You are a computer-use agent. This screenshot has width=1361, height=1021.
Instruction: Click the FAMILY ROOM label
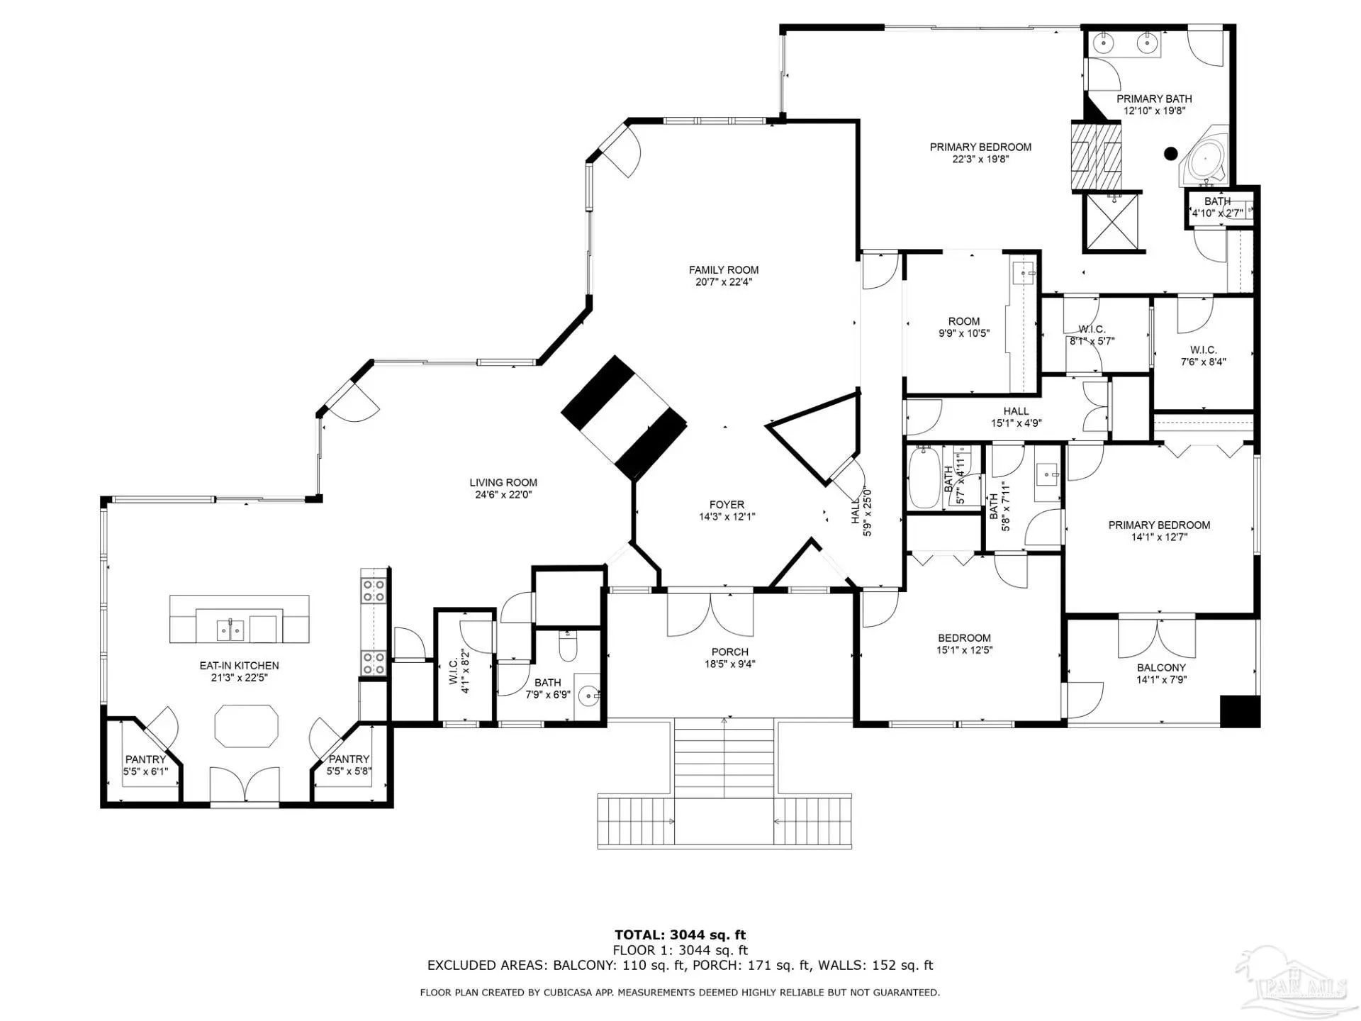click(724, 270)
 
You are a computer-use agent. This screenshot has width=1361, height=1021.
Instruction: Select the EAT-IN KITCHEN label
click(239, 666)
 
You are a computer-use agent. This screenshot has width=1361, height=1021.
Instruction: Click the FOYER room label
click(727, 505)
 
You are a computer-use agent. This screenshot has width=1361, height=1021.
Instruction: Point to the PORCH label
click(730, 652)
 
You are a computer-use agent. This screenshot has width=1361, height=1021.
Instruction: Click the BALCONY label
click(1161, 668)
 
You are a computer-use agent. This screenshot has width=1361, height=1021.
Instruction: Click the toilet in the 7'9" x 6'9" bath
click(569, 646)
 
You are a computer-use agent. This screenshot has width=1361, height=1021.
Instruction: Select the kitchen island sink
click(230, 629)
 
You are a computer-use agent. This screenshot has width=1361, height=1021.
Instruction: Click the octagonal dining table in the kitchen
click(247, 725)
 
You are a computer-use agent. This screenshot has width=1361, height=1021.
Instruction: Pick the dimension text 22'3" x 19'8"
click(980, 160)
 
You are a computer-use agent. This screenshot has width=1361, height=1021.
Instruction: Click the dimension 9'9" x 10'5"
click(964, 333)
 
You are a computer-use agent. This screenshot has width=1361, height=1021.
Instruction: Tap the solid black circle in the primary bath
click(1171, 152)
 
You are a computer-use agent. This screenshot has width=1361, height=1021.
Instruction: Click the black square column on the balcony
click(1240, 711)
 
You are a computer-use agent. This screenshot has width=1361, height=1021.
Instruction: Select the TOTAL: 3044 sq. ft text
click(680, 935)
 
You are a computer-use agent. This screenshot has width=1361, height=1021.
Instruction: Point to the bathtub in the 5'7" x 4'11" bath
click(924, 476)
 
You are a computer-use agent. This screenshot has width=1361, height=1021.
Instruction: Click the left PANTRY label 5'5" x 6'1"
click(145, 765)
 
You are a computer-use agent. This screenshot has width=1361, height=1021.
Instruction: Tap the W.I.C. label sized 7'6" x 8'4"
click(1204, 356)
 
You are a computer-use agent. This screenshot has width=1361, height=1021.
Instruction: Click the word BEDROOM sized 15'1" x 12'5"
click(964, 638)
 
